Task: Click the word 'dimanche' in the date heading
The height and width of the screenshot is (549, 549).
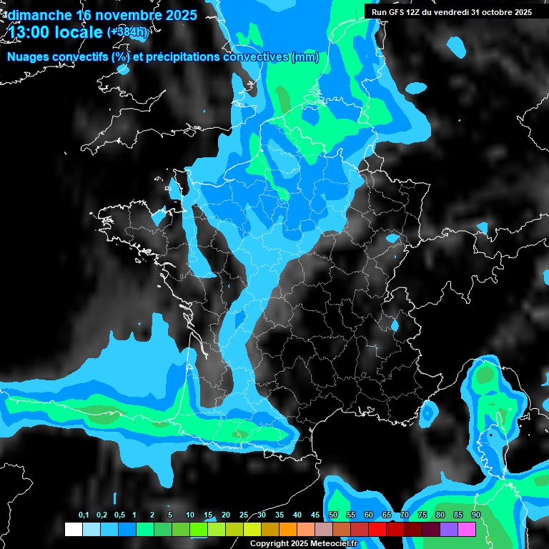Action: point(36,14)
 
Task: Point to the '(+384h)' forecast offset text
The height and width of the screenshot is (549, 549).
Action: point(128,32)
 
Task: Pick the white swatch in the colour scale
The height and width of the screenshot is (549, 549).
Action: point(74,529)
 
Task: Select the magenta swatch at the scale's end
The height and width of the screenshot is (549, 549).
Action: point(467,529)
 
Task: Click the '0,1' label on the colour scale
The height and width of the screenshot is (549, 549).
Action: point(84,515)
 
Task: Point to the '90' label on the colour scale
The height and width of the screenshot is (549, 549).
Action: point(476,515)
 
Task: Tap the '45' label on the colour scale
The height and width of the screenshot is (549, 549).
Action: point(315,515)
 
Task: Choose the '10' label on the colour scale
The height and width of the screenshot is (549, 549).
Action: point(190,515)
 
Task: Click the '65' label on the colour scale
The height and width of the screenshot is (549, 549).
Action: point(387,515)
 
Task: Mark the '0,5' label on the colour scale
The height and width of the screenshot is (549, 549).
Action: point(119,515)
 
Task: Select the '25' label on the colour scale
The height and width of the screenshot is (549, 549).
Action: point(244,515)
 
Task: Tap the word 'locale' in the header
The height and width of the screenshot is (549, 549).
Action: point(76,33)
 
